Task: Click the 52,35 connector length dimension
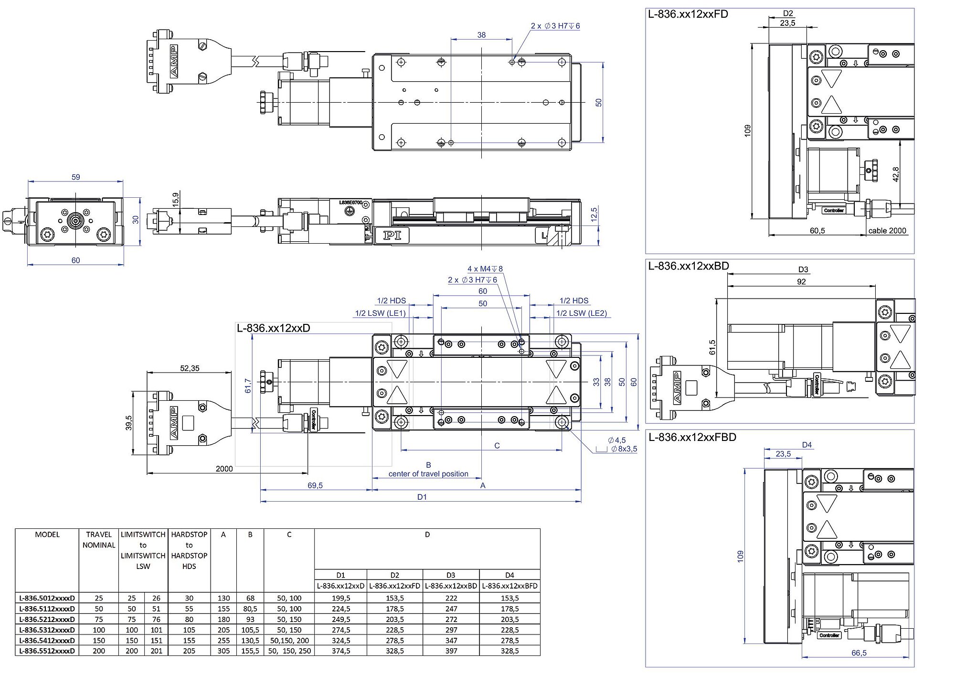(x=190, y=368)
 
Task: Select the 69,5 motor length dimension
(x=315, y=485)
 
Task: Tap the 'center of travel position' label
(x=428, y=474)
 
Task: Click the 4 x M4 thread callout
(x=485, y=269)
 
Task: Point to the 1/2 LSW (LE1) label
(x=380, y=313)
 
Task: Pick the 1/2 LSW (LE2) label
(x=582, y=313)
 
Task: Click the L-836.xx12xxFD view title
(x=688, y=14)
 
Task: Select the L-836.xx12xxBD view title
(x=689, y=266)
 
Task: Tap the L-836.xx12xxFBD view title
(x=692, y=437)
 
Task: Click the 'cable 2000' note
(x=887, y=231)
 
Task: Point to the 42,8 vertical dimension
(x=896, y=174)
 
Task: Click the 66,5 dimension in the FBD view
(x=859, y=653)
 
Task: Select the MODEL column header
(x=47, y=535)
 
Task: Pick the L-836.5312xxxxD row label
(x=47, y=630)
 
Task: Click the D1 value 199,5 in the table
(x=341, y=598)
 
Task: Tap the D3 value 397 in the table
(x=451, y=651)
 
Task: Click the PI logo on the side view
(x=393, y=235)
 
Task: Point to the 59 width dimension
(x=76, y=177)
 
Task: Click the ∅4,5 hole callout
(x=616, y=440)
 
